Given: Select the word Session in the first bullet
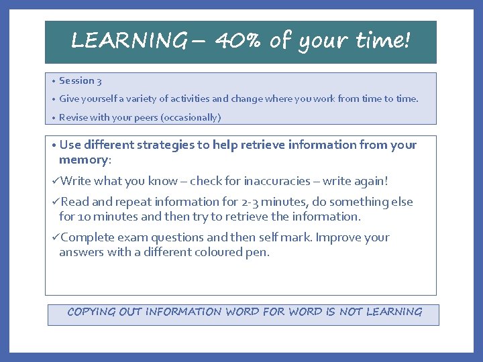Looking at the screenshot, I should click(x=76, y=80).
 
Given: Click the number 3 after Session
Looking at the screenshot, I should click(x=99, y=81).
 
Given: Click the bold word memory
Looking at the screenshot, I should click(x=83, y=160).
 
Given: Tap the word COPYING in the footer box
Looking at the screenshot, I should click(x=91, y=312).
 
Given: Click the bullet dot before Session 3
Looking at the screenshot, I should click(x=52, y=81).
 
